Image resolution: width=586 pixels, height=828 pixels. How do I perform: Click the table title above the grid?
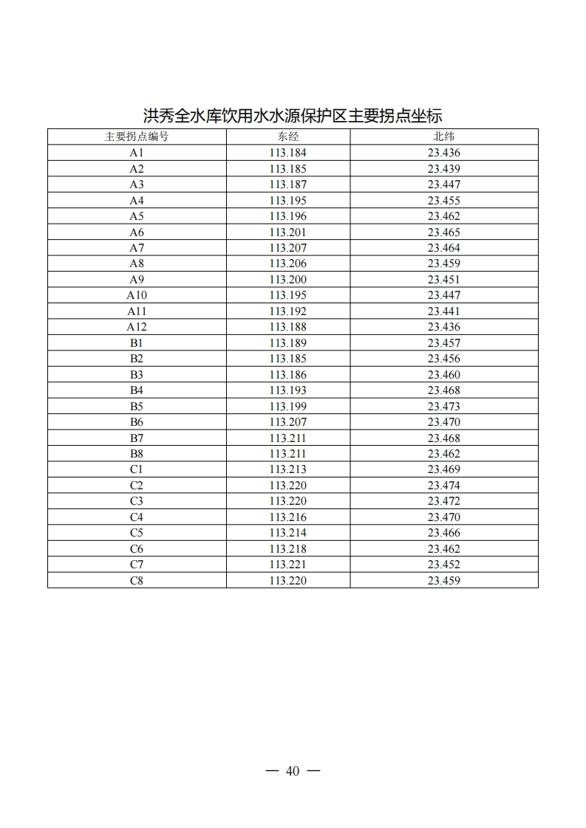293,116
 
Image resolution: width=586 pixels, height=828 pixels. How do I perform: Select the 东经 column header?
287,137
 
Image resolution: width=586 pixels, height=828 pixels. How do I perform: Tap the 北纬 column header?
443,137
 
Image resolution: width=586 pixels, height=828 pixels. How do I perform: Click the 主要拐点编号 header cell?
137,137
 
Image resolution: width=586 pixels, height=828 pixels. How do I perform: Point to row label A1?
137,153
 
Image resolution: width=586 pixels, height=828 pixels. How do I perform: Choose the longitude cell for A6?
287,232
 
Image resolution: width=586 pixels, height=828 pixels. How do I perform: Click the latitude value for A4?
443,201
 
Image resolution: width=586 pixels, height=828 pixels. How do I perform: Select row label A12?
137,327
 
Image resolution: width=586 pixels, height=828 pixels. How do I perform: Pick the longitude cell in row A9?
287,280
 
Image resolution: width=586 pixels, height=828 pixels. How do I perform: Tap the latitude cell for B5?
443,407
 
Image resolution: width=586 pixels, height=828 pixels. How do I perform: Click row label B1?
137,343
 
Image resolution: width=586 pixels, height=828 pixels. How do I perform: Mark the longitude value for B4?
287,390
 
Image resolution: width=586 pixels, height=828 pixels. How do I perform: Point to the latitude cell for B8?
443,454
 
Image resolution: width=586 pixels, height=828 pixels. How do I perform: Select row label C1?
137,469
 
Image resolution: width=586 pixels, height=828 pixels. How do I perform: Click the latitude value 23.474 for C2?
443,486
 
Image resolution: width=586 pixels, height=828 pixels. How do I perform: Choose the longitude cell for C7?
287,565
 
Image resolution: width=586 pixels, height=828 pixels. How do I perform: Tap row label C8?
137,581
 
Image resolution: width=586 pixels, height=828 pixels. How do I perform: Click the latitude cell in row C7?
443,565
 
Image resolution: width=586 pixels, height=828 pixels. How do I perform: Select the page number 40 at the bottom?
293,771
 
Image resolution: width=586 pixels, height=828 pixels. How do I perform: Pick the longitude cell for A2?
287,169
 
